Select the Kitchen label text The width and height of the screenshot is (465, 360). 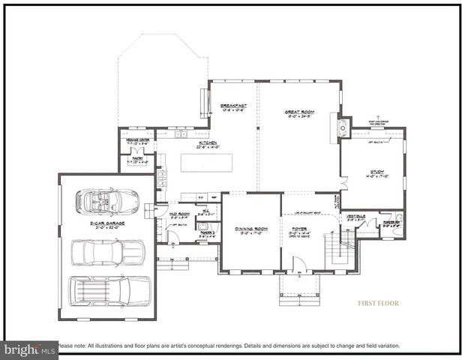click(208, 142)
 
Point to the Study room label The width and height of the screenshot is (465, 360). click(376, 172)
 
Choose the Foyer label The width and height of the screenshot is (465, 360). click(298, 230)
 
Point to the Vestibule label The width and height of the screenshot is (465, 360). click(355, 217)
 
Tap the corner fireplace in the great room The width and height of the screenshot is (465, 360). click(342, 126)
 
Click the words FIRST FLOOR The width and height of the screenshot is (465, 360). click(377, 304)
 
